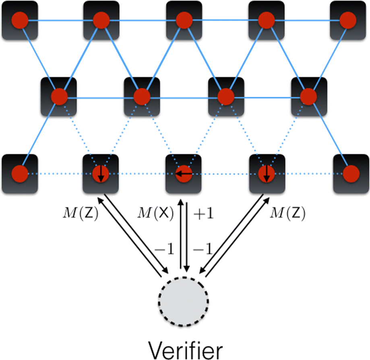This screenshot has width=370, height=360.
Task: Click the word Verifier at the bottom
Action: point(184,346)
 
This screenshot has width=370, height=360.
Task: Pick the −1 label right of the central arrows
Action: point(203,250)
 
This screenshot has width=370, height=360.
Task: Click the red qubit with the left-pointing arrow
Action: point(184,173)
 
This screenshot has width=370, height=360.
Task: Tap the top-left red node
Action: point(20,19)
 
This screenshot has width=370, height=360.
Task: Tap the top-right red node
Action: point(348,19)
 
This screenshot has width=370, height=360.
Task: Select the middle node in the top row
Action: point(184,19)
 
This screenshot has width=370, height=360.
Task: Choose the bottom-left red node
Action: point(20,173)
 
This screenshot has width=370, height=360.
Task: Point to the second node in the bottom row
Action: point(100,173)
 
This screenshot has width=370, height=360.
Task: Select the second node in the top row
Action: point(101,19)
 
